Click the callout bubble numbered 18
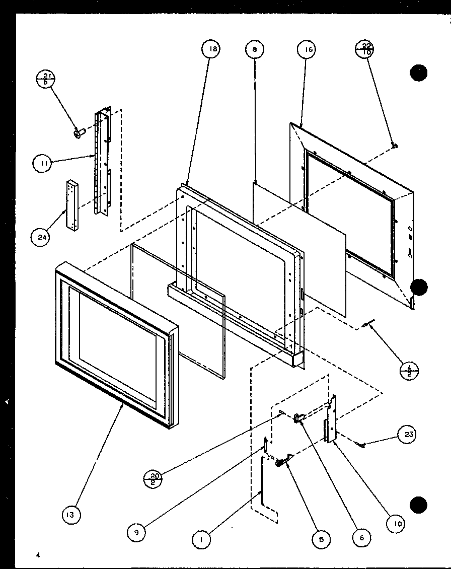212,49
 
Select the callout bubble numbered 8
255,49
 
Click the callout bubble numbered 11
43,163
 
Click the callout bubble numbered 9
136,531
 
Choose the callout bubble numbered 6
361,537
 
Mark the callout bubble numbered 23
407,435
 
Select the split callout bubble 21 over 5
46,79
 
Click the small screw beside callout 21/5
79,133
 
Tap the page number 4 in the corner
37,555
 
